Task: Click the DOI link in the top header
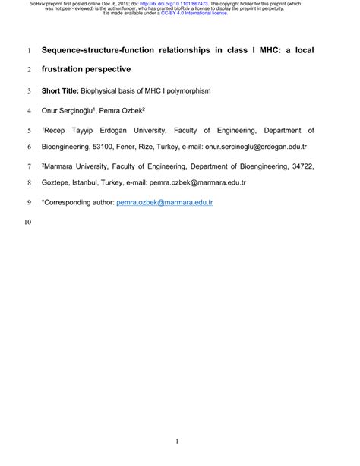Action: pyautogui.click(x=180, y=4)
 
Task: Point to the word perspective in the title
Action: pyautogui.click(x=121, y=71)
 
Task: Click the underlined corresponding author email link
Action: pyautogui.click(x=164, y=203)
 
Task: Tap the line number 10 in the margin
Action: pyautogui.click(x=28, y=223)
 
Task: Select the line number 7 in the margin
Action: pyautogui.click(x=28, y=165)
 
